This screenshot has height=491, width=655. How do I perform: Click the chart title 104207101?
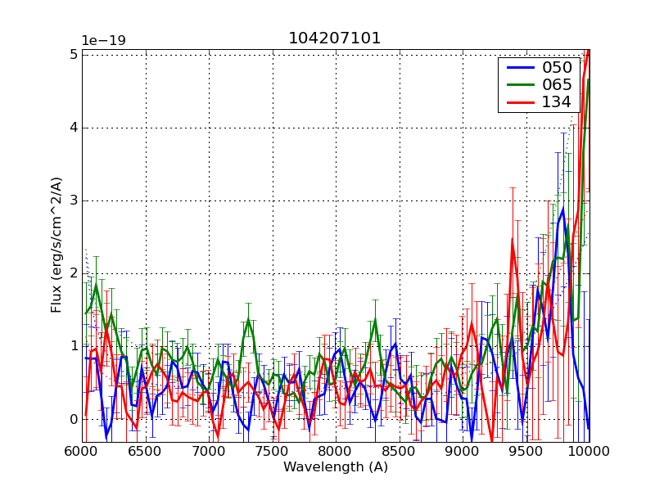[334, 38]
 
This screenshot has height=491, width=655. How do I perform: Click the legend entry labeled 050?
[558, 67]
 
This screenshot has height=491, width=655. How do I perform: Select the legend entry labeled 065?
[558, 84]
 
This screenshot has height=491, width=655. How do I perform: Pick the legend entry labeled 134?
[558, 101]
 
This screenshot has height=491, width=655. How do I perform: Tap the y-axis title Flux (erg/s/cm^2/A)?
[56, 245]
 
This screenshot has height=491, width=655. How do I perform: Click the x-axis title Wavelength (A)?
[336, 467]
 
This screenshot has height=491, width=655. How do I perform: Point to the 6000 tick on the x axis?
[82, 451]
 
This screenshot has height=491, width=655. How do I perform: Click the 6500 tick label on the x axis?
[146, 451]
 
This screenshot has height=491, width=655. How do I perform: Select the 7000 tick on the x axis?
[209, 451]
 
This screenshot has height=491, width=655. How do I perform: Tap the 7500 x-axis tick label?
[273, 451]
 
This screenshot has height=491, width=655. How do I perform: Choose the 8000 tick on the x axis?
[336, 451]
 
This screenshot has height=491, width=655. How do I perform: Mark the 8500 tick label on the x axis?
[400, 451]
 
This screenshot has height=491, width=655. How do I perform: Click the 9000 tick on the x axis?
[463, 451]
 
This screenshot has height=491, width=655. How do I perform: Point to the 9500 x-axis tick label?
[526, 451]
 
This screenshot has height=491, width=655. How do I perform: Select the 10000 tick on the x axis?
[589, 451]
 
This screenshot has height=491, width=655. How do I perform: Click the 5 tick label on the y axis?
[73, 54]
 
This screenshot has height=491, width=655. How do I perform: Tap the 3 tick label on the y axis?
[73, 200]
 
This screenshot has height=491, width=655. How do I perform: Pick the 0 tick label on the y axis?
[73, 420]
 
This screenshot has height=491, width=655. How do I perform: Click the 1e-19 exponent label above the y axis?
[103, 41]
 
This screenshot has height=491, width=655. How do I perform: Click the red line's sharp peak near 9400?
[512, 239]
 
